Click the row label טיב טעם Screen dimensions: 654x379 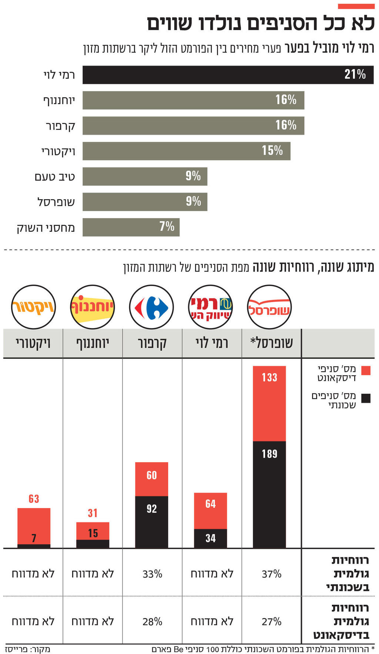click(x=55, y=177)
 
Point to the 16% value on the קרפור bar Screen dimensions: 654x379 click(x=286, y=125)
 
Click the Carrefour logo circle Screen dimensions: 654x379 click(x=151, y=307)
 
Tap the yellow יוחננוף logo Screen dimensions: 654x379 click(x=92, y=307)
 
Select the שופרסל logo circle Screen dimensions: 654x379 click(x=269, y=307)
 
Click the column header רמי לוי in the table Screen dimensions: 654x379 click(x=212, y=343)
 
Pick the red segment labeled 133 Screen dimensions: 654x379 click(x=269, y=404)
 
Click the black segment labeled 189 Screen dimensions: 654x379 click(x=269, y=494)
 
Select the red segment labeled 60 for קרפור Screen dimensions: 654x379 click(x=151, y=479)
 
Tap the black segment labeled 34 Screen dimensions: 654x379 click(x=210, y=538)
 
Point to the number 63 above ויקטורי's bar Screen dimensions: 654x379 click(x=34, y=499)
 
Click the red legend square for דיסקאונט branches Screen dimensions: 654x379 click(x=366, y=371)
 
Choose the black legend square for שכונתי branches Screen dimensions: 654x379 click(x=366, y=398)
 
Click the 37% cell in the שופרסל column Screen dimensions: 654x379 click(x=271, y=574)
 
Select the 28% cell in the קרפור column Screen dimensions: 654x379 click(x=152, y=621)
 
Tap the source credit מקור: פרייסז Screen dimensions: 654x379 click(x=27, y=649)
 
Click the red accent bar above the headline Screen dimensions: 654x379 click(x=356, y=6)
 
